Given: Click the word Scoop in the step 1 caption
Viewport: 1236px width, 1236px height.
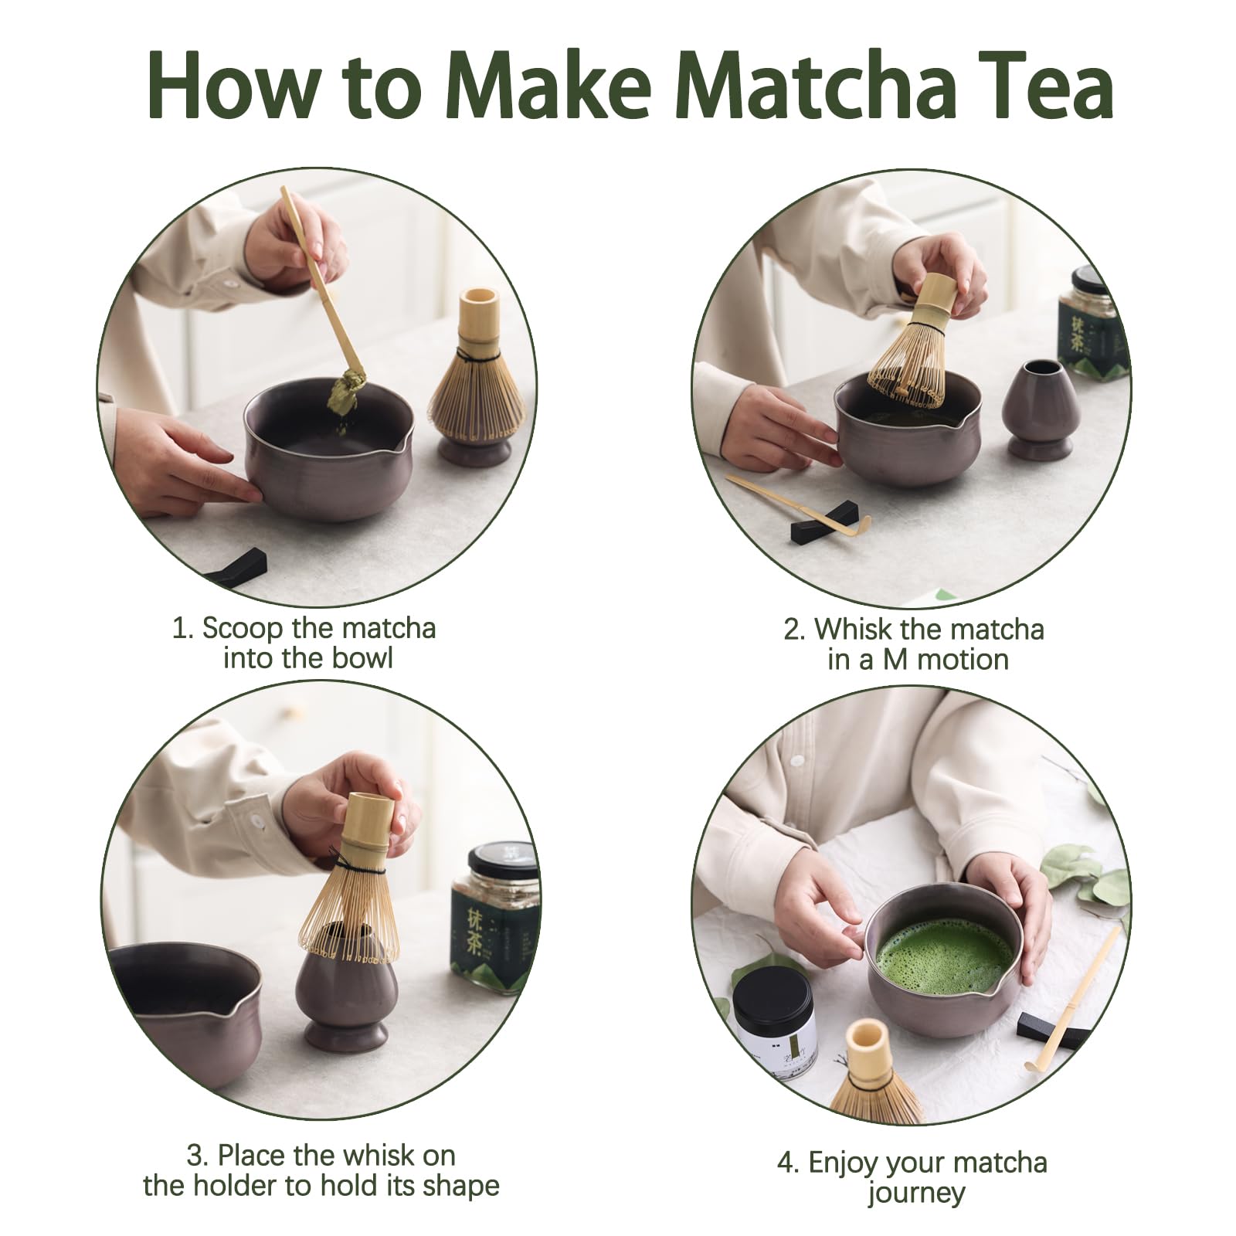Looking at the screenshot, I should click(242, 628).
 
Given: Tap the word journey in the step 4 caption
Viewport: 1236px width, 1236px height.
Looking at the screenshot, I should click(916, 1193).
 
